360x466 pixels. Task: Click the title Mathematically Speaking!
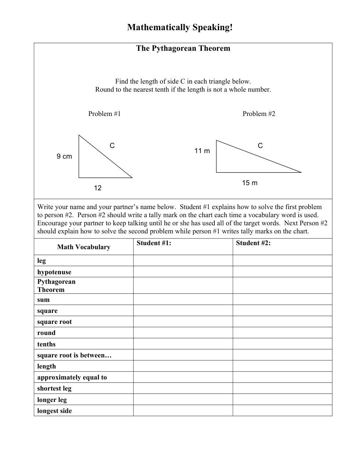point(180,28)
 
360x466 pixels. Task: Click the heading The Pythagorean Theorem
point(183,48)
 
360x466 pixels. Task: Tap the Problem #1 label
point(104,114)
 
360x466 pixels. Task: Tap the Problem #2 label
point(259,114)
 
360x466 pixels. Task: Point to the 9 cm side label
point(64,156)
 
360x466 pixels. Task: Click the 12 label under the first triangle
point(97,188)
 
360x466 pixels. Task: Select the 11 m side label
point(202,151)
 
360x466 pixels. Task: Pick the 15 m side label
point(250,183)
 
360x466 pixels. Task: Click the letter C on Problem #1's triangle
point(112,146)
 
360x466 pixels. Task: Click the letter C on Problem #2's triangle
point(260,146)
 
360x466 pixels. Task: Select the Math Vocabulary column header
point(84,247)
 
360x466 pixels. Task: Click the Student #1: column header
point(154,243)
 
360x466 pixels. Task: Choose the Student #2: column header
point(253,243)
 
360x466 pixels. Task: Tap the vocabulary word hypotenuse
point(54,272)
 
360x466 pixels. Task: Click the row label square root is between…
point(74,355)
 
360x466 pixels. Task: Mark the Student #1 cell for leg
point(183,261)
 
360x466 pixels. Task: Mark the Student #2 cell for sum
point(282,299)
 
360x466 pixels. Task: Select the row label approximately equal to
point(72,377)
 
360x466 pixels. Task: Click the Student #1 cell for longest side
point(183,411)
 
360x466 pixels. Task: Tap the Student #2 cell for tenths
point(282,344)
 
